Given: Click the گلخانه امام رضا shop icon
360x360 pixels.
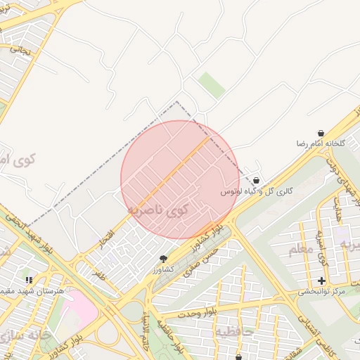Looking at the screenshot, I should (x=321, y=133).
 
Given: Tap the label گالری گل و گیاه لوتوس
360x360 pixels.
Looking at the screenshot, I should (x=256, y=191).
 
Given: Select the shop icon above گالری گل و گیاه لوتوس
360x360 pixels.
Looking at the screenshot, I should (x=256, y=181).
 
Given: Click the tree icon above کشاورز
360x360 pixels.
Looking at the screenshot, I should (x=164, y=259).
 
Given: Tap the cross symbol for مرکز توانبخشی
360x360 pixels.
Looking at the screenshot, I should (x=322, y=281).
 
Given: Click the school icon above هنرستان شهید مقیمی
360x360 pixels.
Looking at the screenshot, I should (x=29, y=281).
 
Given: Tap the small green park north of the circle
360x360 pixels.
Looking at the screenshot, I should (x=211, y=86).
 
